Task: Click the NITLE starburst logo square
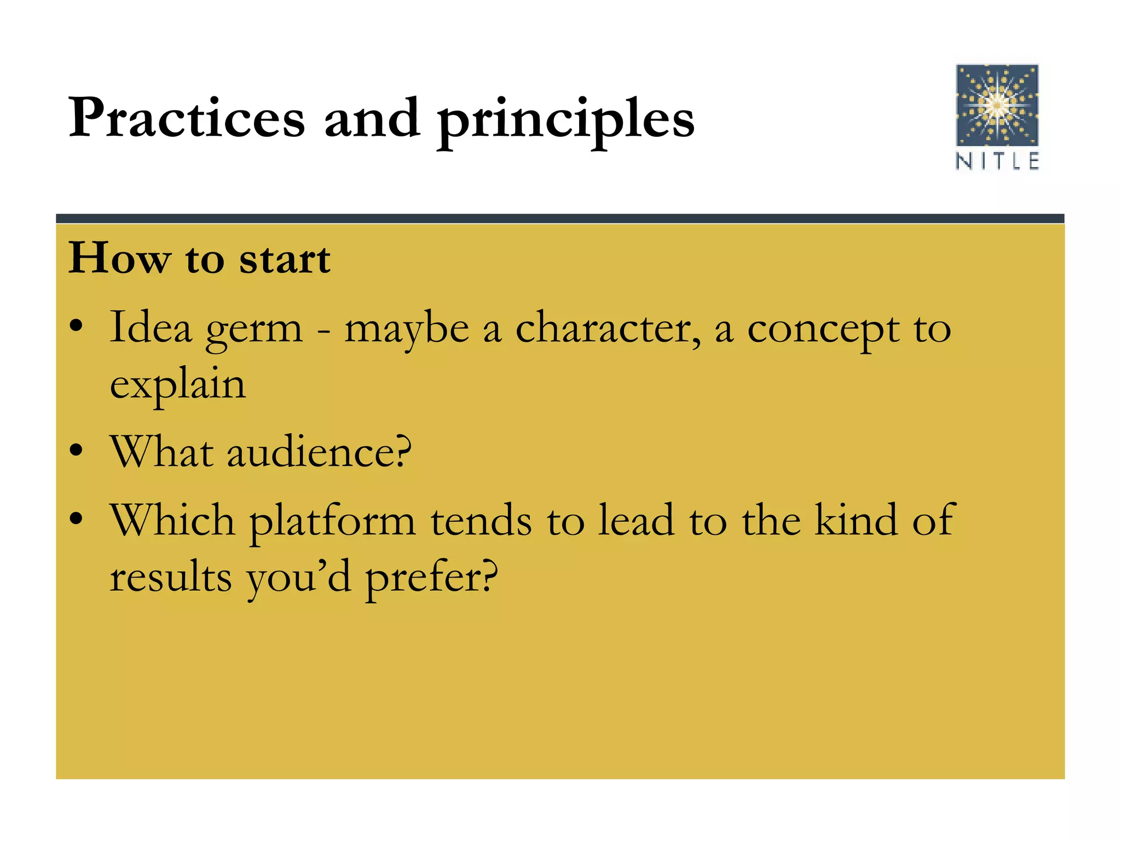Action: click(997, 105)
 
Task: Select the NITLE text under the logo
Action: click(997, 162)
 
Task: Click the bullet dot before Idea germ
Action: click(76, 327)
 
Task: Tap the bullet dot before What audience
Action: click(76, 451)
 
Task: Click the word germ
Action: click(254, 330)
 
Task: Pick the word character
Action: click(607, 329)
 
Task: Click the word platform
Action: click(333, 522)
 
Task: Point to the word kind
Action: click(856, 520)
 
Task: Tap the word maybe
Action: click(406, 330)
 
